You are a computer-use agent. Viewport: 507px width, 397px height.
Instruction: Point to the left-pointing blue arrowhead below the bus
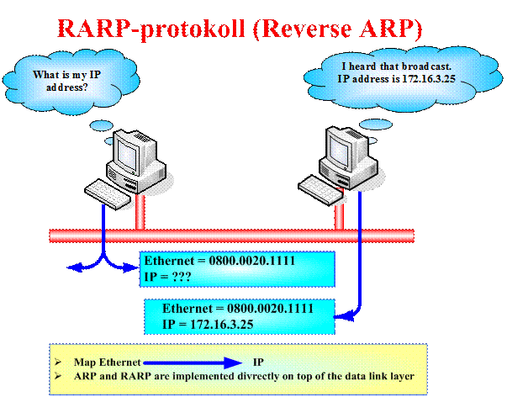point(72,268)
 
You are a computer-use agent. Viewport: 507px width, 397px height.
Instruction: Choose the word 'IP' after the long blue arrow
point(258,361)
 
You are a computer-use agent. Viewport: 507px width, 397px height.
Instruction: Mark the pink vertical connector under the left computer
point(141,211)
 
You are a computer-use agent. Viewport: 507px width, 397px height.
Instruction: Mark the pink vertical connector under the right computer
point(340,211)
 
